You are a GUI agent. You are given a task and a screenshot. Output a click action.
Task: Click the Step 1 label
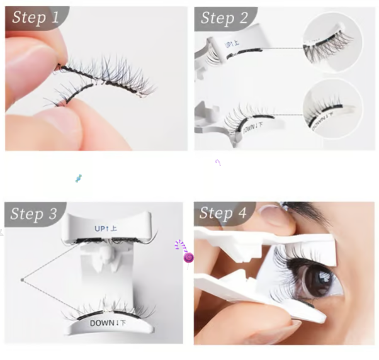click(x=35, y=18)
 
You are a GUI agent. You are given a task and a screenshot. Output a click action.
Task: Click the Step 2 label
click(x=224, y=18)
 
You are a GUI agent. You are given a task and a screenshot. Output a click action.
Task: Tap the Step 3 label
click(x=33, y=214)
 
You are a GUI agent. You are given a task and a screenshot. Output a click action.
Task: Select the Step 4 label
click(x=223, y=213)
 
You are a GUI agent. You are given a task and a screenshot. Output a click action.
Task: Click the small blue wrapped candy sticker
click(x=78, y=178)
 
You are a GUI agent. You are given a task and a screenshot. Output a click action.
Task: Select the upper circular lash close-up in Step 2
click(x=332, y=43)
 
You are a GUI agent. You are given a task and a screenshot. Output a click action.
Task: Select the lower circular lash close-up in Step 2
click(x=332, y=108)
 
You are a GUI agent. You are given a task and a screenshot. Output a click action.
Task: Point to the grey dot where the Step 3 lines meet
click(x=22, y=280)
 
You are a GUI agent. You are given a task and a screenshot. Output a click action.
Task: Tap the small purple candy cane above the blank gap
click(x=218, y=162)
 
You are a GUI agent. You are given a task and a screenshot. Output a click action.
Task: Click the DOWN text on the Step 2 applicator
click(x=252, y=128)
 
